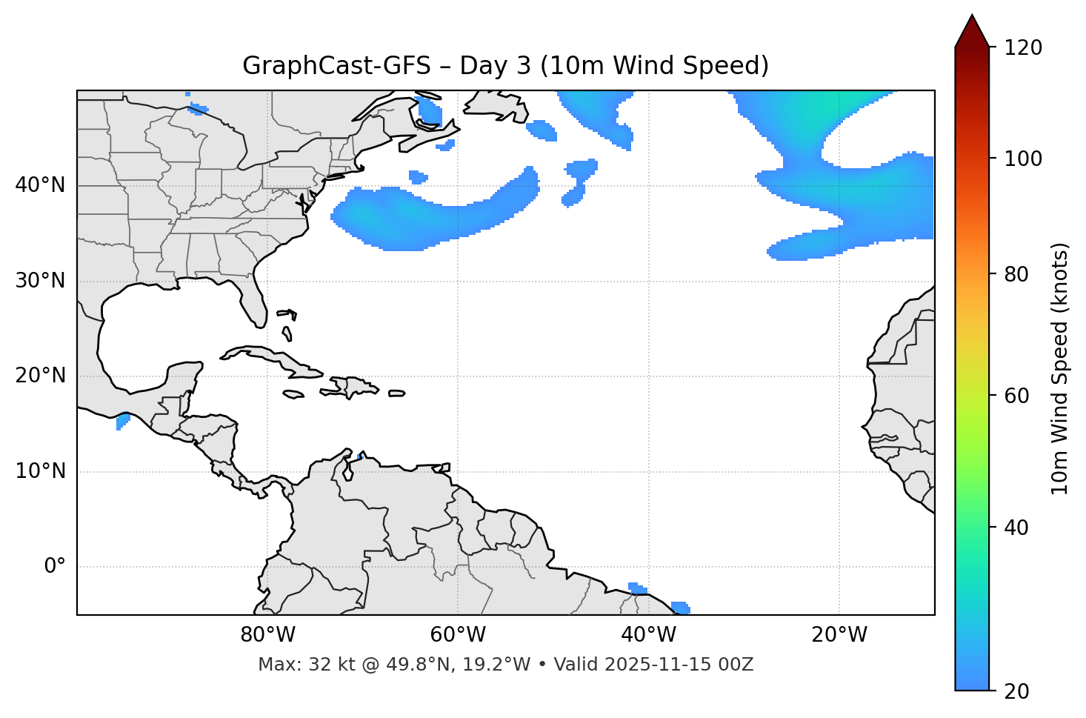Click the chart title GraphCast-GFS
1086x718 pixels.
505,66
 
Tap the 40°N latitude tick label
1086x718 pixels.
40,185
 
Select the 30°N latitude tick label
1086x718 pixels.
40,281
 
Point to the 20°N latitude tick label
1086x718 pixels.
40,376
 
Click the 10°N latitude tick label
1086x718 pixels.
40,471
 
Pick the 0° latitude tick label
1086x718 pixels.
54,567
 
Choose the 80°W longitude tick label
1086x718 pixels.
267,635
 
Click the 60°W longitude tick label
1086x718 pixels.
458,635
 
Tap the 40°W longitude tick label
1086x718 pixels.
648,635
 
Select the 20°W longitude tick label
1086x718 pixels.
839,635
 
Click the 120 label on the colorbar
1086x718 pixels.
1023,48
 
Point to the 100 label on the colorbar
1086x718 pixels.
1023,159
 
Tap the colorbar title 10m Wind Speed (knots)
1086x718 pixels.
1060,368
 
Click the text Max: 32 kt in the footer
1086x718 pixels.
293,665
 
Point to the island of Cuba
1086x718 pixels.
274,359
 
